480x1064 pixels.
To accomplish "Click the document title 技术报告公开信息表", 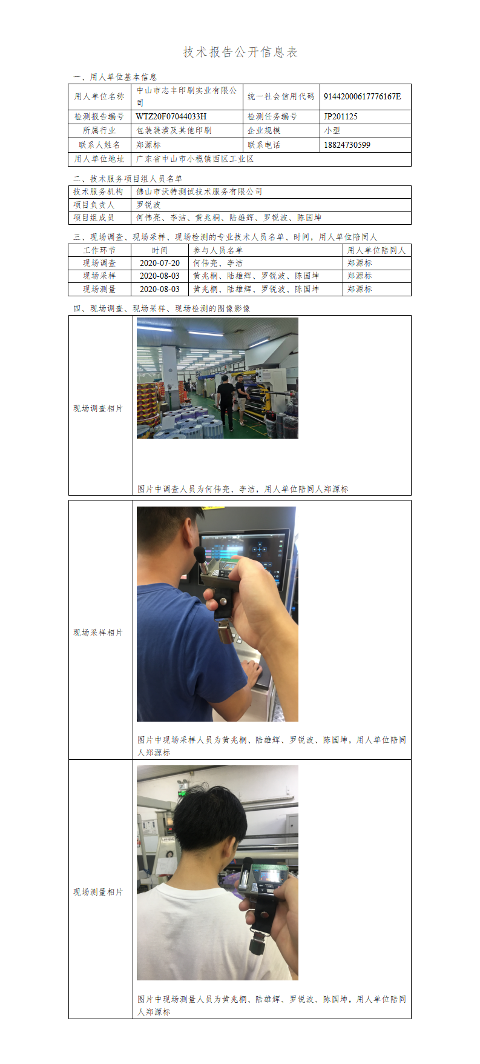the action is [x=240, y=52].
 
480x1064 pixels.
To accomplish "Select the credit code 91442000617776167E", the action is [x=362, y=96].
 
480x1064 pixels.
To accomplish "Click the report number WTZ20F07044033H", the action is [x=171, y=116].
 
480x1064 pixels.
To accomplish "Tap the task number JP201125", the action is [x=341, y=116].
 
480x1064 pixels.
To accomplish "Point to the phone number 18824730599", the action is [x=347, y=145].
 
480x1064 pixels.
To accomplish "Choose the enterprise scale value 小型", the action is [x=332, y=130].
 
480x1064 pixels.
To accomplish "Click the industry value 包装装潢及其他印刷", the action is [x=174, y=130].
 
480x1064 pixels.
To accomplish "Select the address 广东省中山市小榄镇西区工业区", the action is [x=195, y=159].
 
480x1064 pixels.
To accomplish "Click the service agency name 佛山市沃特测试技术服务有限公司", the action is [x=199, y=191].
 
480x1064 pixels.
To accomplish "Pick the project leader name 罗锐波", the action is [x=148, y=205].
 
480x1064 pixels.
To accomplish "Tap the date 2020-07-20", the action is [x=160, y=263].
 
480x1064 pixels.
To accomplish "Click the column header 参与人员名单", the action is [x=218, y=250].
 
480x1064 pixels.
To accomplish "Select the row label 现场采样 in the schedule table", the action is [x=99, y=276].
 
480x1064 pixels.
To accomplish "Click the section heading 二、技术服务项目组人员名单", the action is [x=128, y=179].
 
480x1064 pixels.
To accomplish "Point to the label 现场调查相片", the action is [x=98, y=408].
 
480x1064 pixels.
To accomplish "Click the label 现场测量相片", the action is [x=98, y=892].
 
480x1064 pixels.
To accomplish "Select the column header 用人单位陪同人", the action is [x=376, y=250].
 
